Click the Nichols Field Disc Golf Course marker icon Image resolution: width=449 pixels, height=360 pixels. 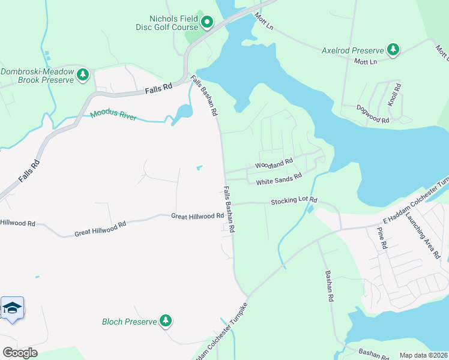tap(207, 23)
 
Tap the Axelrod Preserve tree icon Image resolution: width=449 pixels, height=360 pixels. tap(393, 50)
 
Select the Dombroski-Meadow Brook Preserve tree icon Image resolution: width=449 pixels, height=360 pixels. tap(83, 75)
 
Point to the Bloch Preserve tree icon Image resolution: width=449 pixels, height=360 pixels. tap(166, 321)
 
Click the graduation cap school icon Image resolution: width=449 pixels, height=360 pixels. tap(12, 308)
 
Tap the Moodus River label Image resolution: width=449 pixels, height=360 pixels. tap(113, 115)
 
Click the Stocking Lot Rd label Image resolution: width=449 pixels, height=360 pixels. tap(293, 201)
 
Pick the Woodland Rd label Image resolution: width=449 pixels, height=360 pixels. tap(274, 163)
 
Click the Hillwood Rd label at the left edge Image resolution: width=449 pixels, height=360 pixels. tap(17, 223)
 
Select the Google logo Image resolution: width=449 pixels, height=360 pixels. tap(19, 353)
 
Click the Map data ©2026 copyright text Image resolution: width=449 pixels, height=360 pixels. tap(424, 355)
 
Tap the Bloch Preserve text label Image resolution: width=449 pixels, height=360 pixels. tap(129, 322)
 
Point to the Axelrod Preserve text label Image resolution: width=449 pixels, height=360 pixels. tap(352, 50)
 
